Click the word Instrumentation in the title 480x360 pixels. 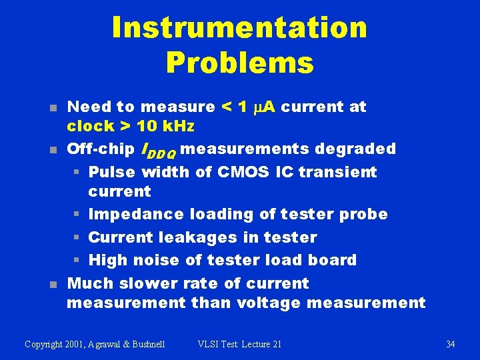(239, 28)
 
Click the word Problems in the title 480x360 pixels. (239, 63)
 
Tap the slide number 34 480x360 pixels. (450, 344)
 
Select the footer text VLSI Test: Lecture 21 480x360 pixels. (239, 344)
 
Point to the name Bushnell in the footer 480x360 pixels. (145, 344)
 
